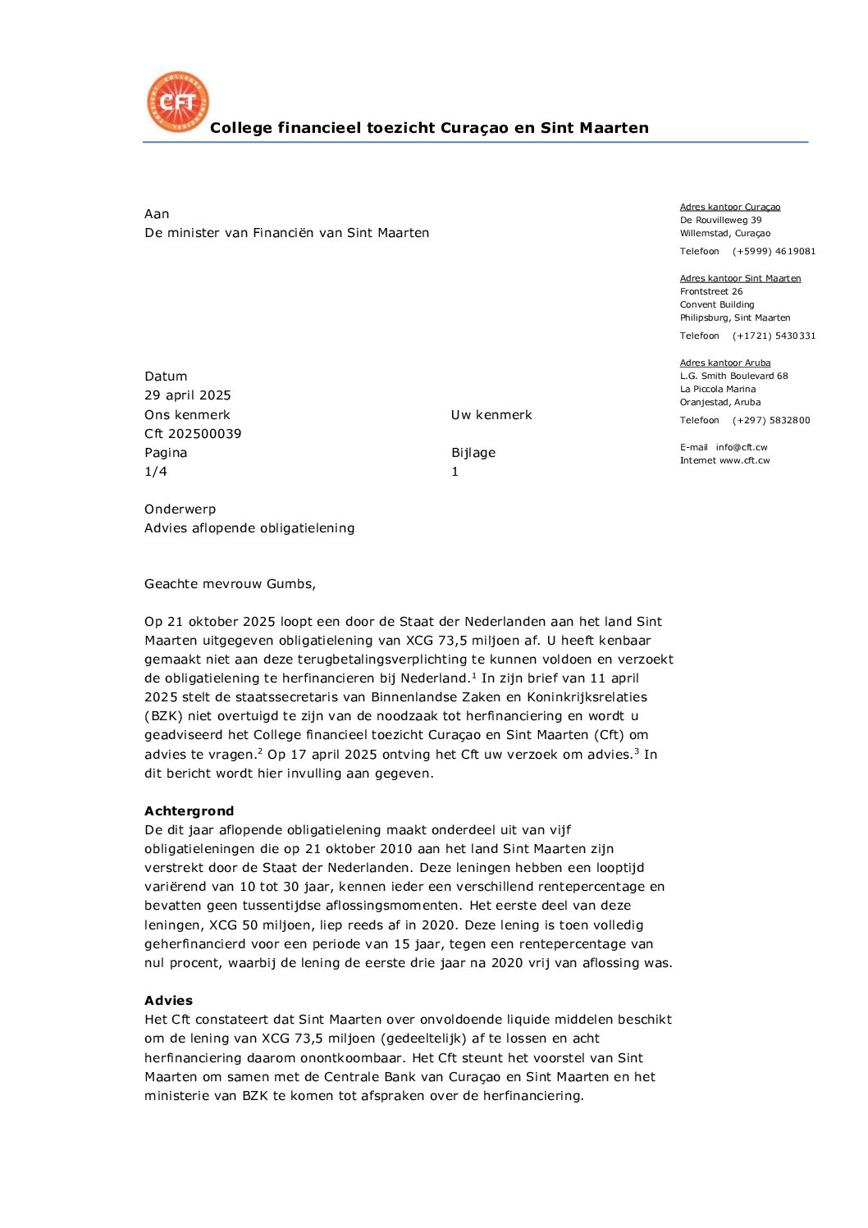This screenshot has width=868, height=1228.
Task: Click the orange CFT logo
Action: (178, 103)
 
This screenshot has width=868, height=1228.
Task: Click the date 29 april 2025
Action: (188, 395)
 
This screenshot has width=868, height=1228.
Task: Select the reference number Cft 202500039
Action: (193, 434)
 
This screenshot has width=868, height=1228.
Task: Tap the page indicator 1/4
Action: (156, 472)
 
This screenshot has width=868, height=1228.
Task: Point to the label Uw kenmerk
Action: (491, 415)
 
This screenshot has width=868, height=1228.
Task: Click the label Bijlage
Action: (473, 453)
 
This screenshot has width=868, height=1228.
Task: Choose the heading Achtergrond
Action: (190, 811)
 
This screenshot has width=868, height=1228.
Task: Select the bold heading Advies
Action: (169, 1001)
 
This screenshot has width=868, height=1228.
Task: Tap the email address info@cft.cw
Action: (742, 448)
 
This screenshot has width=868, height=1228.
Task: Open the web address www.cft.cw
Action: (745, 461)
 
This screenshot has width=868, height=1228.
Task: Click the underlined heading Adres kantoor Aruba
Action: (725, 363)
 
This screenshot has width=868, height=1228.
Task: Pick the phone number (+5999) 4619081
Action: (774, 252)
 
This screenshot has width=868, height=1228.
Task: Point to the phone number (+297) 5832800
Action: (771, 421)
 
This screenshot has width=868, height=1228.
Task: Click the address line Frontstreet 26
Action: (711, 292)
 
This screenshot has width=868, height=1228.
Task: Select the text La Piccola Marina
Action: (718, 390)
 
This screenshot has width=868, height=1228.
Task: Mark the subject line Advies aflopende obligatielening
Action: (249, 528)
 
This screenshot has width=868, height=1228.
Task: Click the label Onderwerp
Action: (180, 509)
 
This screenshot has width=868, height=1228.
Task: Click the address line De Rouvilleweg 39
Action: (720, 221)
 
